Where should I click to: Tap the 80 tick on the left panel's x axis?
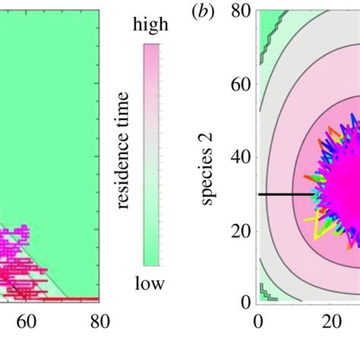pyautogui.click(x=99, y=321)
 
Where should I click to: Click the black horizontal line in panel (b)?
pyautogui.click(x=286, y=194)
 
